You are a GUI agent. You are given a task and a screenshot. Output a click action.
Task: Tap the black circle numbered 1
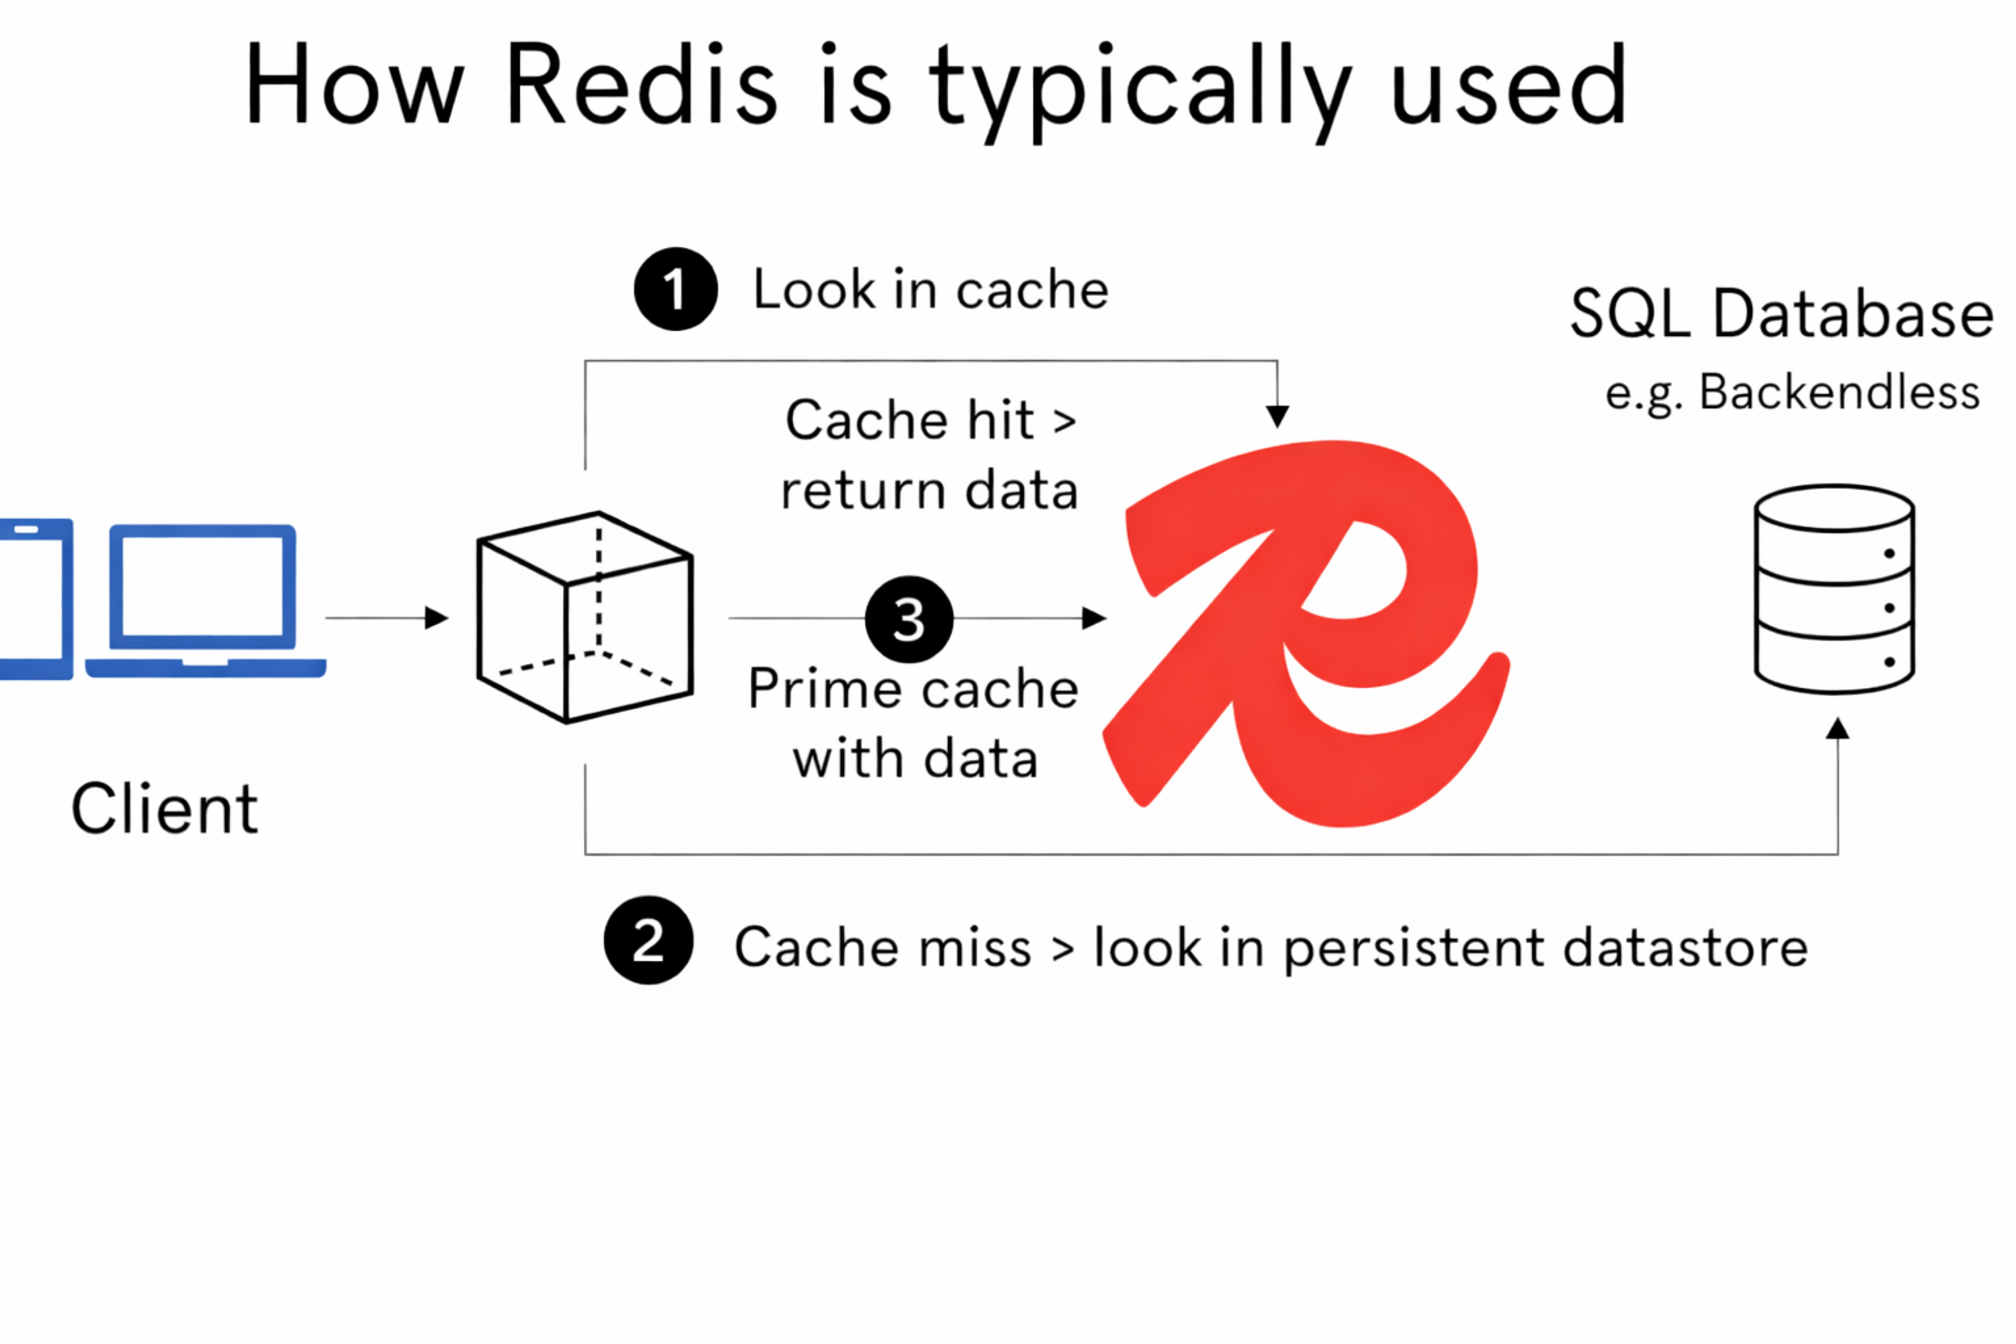[x=676, y=289]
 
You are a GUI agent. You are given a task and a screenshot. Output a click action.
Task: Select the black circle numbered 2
[x=648, y=940]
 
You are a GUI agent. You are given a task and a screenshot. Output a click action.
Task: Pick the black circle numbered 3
[x=909, y=619]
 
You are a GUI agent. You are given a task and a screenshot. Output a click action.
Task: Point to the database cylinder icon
[x=1834, y=589]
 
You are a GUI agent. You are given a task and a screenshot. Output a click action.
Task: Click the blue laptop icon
[x=204, y=600]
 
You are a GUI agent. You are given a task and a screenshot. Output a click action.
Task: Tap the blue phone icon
[x=34, y=598]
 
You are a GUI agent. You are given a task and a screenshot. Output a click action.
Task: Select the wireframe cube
[x=584, y=617]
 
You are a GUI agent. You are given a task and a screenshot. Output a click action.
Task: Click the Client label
[x=164, y=808]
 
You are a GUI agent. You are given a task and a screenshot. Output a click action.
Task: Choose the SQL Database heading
[x=1781, y=314]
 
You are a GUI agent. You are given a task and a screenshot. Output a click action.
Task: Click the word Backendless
[x=1840, y=393]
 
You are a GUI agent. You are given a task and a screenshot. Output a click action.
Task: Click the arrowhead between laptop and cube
[x=437, y=617]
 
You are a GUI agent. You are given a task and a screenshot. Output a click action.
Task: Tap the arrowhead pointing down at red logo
[x=1277, y=416]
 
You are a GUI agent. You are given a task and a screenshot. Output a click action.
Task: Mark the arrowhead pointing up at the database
[x=1837, y=729]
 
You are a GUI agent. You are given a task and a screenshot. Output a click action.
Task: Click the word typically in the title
[x=1140, y=89]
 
